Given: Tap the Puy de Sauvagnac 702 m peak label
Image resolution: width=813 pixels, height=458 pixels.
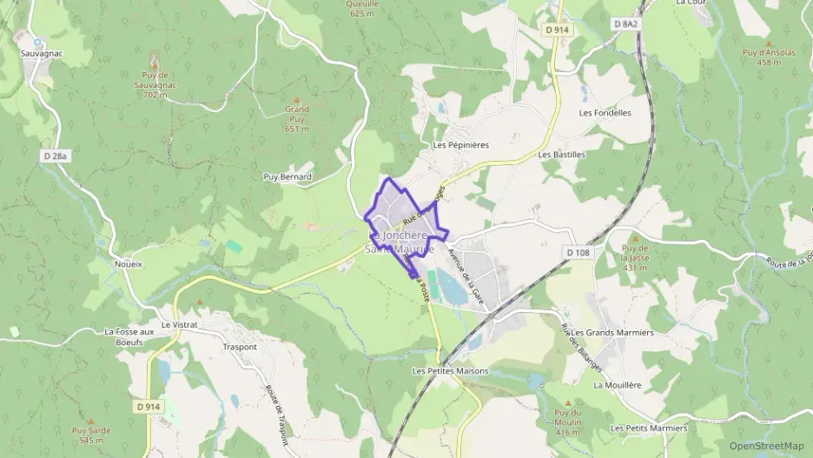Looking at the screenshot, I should [154, 85].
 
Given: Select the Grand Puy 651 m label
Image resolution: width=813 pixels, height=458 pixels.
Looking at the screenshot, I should [297, 119].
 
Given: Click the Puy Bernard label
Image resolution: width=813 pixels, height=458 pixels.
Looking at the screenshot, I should [288, 176].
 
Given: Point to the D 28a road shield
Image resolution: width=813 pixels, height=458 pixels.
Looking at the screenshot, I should [55, 156].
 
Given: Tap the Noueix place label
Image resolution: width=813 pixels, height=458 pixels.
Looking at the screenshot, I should [128, 262].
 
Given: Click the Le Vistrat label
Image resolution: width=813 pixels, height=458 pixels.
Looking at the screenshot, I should [179, 324].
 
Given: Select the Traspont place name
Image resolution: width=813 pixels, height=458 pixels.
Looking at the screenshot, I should [240, 347].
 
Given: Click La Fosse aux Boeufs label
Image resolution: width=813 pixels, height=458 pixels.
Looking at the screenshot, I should [129, 336].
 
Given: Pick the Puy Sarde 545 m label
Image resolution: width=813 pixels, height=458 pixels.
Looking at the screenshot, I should [91, 435].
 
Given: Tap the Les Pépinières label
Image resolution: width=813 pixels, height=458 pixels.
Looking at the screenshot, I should [461, 145].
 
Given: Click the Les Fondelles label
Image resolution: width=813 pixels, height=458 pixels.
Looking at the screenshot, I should [605, 113].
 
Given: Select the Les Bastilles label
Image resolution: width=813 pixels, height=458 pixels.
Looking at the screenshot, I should [562, 155].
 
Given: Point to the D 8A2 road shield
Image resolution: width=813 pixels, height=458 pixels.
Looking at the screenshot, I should [626, 24].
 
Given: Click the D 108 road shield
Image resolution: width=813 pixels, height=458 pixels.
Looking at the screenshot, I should [578, 252].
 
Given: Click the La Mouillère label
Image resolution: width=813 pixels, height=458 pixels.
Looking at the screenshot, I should [617, 384].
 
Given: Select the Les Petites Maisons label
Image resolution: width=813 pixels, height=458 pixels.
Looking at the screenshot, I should [450, 371].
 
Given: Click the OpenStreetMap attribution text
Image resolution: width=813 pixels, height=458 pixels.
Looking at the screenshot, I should [766, 446].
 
